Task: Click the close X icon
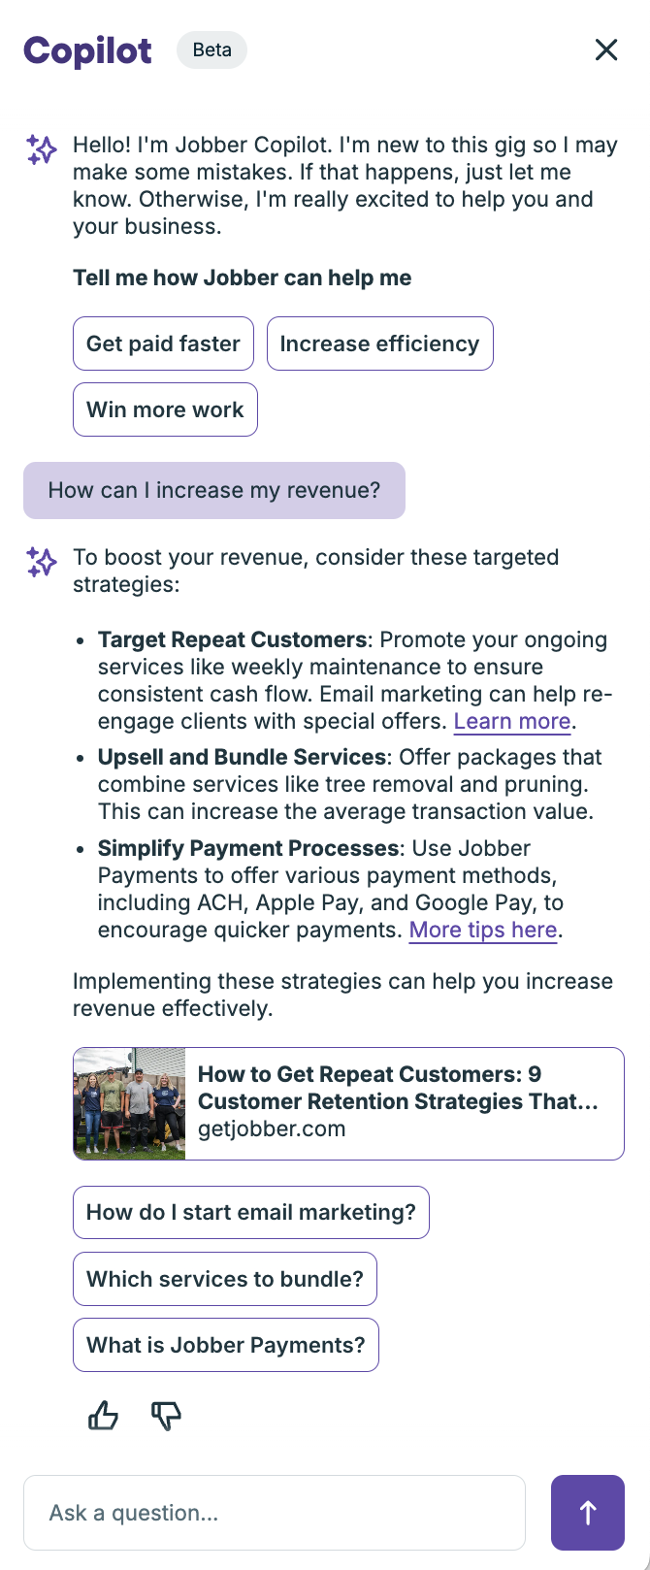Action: pyautogui.click(x=606, y=49)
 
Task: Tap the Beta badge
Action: pyautogui.click(x=211, y=49)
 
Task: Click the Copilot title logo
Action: pyautogui.click(x=87, y=51)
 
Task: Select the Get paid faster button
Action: pyautogui.click(x=163, y=343)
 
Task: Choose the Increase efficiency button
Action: pyautogui.click(x=379, y=343)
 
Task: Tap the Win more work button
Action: pyautogui.click(x=165, y=409)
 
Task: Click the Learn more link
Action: pyautogui.click(x=512, y=721)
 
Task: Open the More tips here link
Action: pyautogui.click(x=482, y=930)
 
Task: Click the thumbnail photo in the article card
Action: pyautogui.click(x=130, y=1103)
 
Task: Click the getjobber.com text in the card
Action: pyautogui.click(x=272, y=1128)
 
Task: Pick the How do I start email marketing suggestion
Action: pyautogui.click(x=250, y=1212)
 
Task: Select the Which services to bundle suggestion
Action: pyautogui.click(x=225, y=1279)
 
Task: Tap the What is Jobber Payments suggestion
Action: pyautogui.click(x=225, y=1344)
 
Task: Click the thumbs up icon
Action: pyautogui.click(x=103, y=1415)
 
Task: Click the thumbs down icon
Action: pyautogui.click(x=166, y=1415)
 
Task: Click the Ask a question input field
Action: pyautogui.click(x=275, y=1513)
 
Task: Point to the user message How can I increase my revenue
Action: pyautogui.click(x=214, y=491)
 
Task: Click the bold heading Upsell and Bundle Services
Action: pyautogui.click(x=242, y=757)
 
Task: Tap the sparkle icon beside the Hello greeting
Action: pyautogui.click(x=42, y=149)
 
